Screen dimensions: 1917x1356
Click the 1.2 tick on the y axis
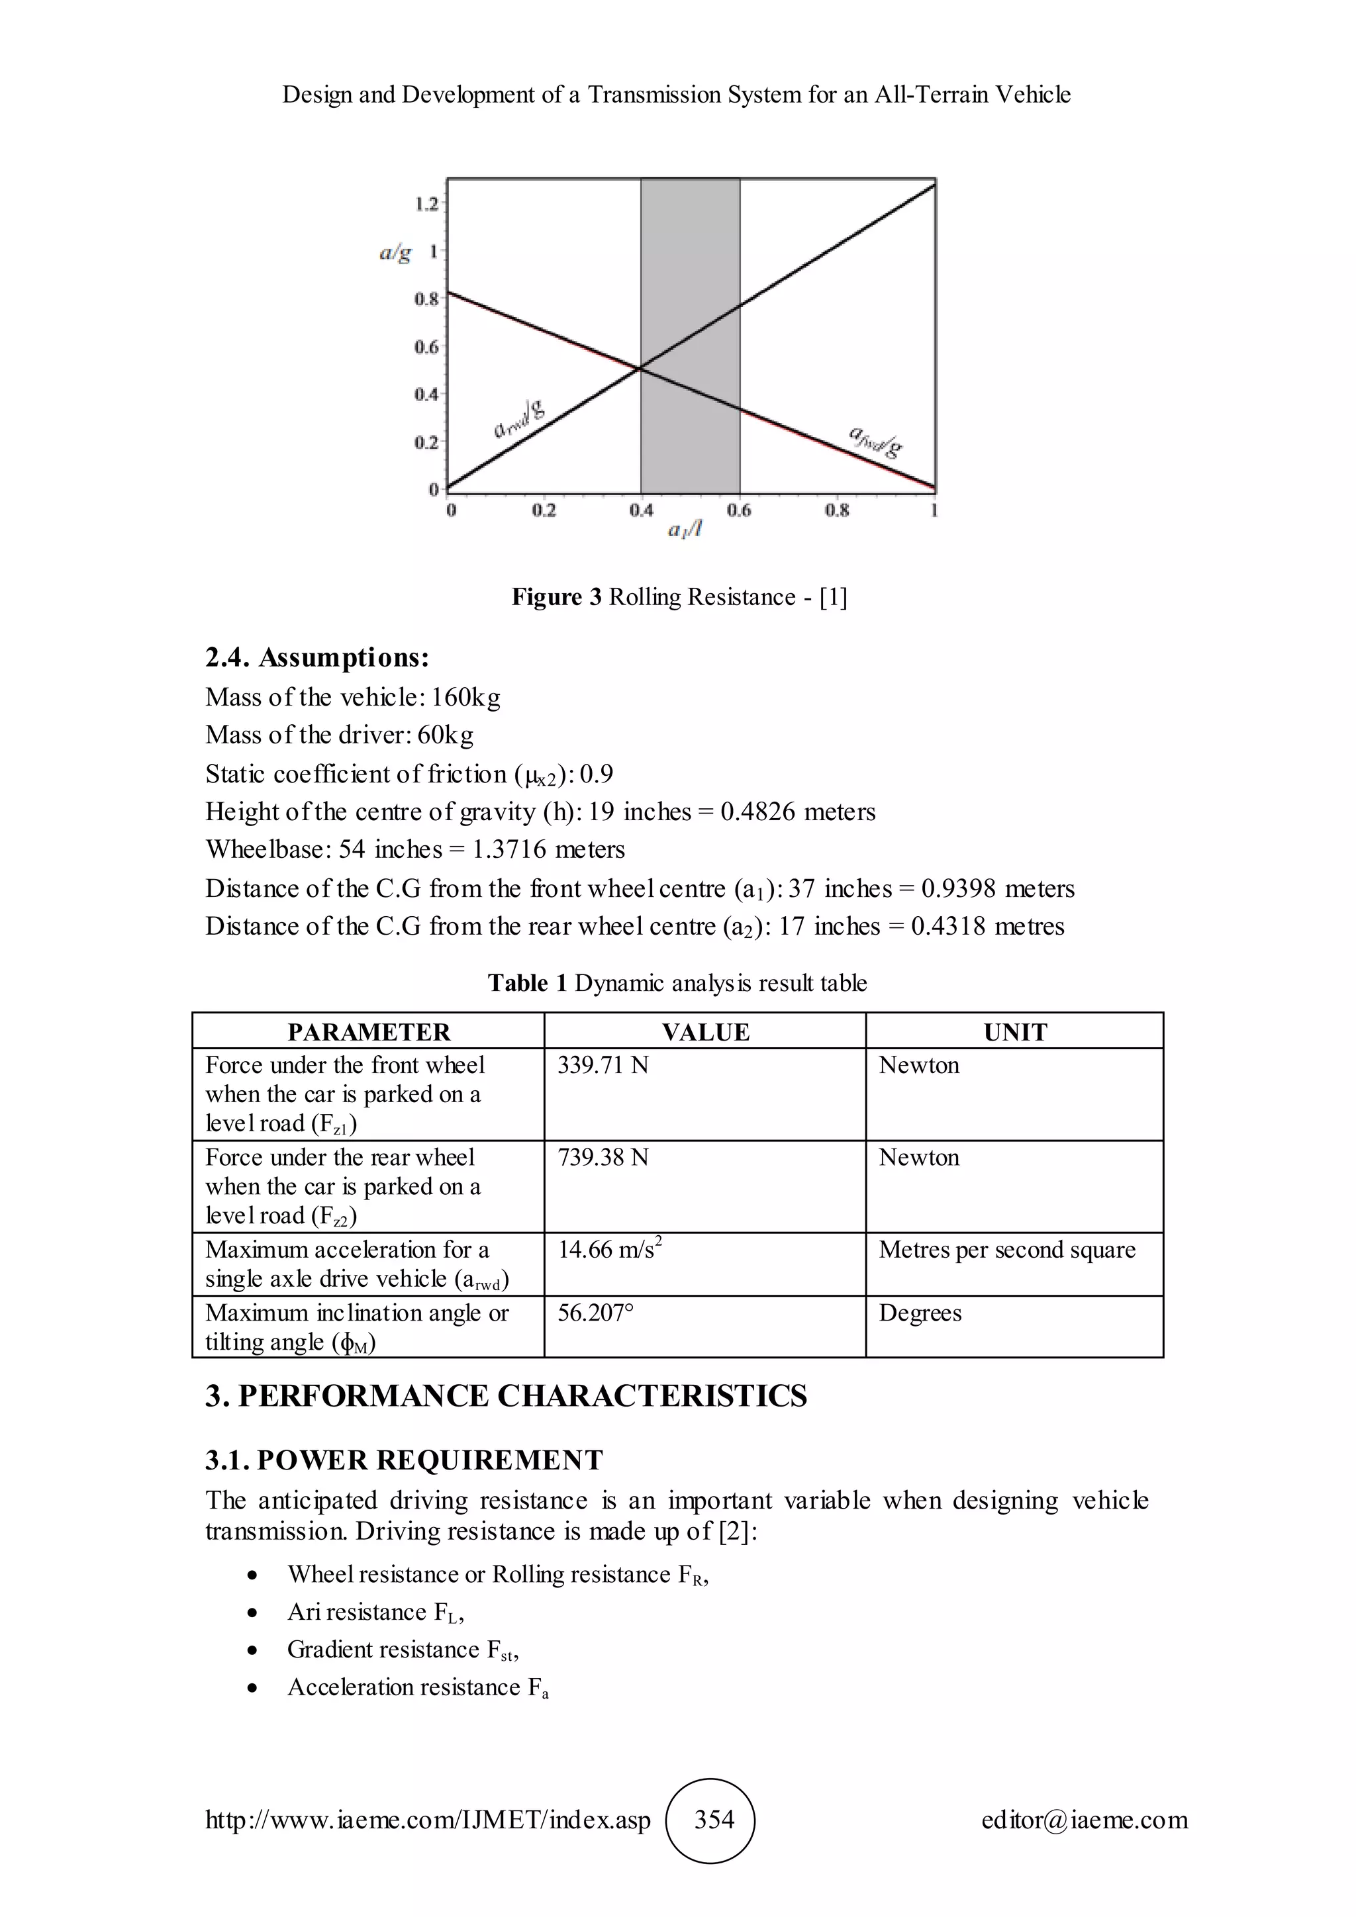[x=426, y=204]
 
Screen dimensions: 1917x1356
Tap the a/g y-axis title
[x=396, y=252]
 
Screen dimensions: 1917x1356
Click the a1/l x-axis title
[x=685, y=530]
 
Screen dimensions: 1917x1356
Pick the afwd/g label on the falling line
[x=875, y=443]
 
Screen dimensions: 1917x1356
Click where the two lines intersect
[x=640, y=367]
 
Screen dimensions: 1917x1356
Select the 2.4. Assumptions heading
[x=317, y=658]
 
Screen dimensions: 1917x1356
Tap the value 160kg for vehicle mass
[x=466, y=697]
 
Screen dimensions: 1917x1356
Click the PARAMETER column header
[x=368, y=1032]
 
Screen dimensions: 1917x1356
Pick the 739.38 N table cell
[x=603, y=1157]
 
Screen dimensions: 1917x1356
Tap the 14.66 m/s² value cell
[x=610, y=1250]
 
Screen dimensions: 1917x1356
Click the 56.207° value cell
[x=595, y=1313]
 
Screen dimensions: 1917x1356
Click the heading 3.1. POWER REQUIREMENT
[x=404, y=1460]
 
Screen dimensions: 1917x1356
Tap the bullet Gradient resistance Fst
[x=403, y=1650]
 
